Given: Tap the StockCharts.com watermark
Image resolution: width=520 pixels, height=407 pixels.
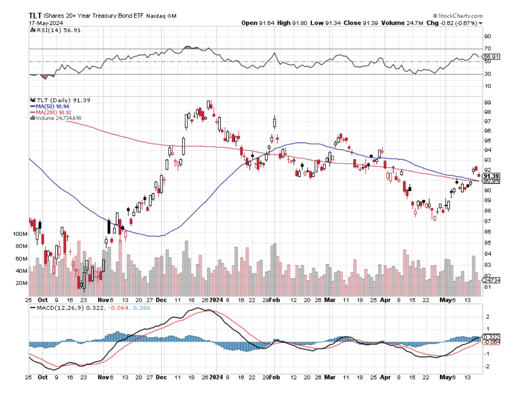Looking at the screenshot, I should [x=459, y=16].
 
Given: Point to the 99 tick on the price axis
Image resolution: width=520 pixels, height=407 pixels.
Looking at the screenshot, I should [x=487, y=102].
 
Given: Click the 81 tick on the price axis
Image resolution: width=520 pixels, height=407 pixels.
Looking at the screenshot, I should [x=487, y=287].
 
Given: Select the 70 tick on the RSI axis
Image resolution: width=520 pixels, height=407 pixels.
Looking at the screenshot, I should [x=487, y=48].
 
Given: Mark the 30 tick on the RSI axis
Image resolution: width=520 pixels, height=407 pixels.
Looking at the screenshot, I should [x=487, y=74].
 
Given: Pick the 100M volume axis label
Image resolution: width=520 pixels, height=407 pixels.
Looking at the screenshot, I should [x=20, y=234].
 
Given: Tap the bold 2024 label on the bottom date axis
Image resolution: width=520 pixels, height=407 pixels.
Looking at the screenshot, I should [x=217, y=377].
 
